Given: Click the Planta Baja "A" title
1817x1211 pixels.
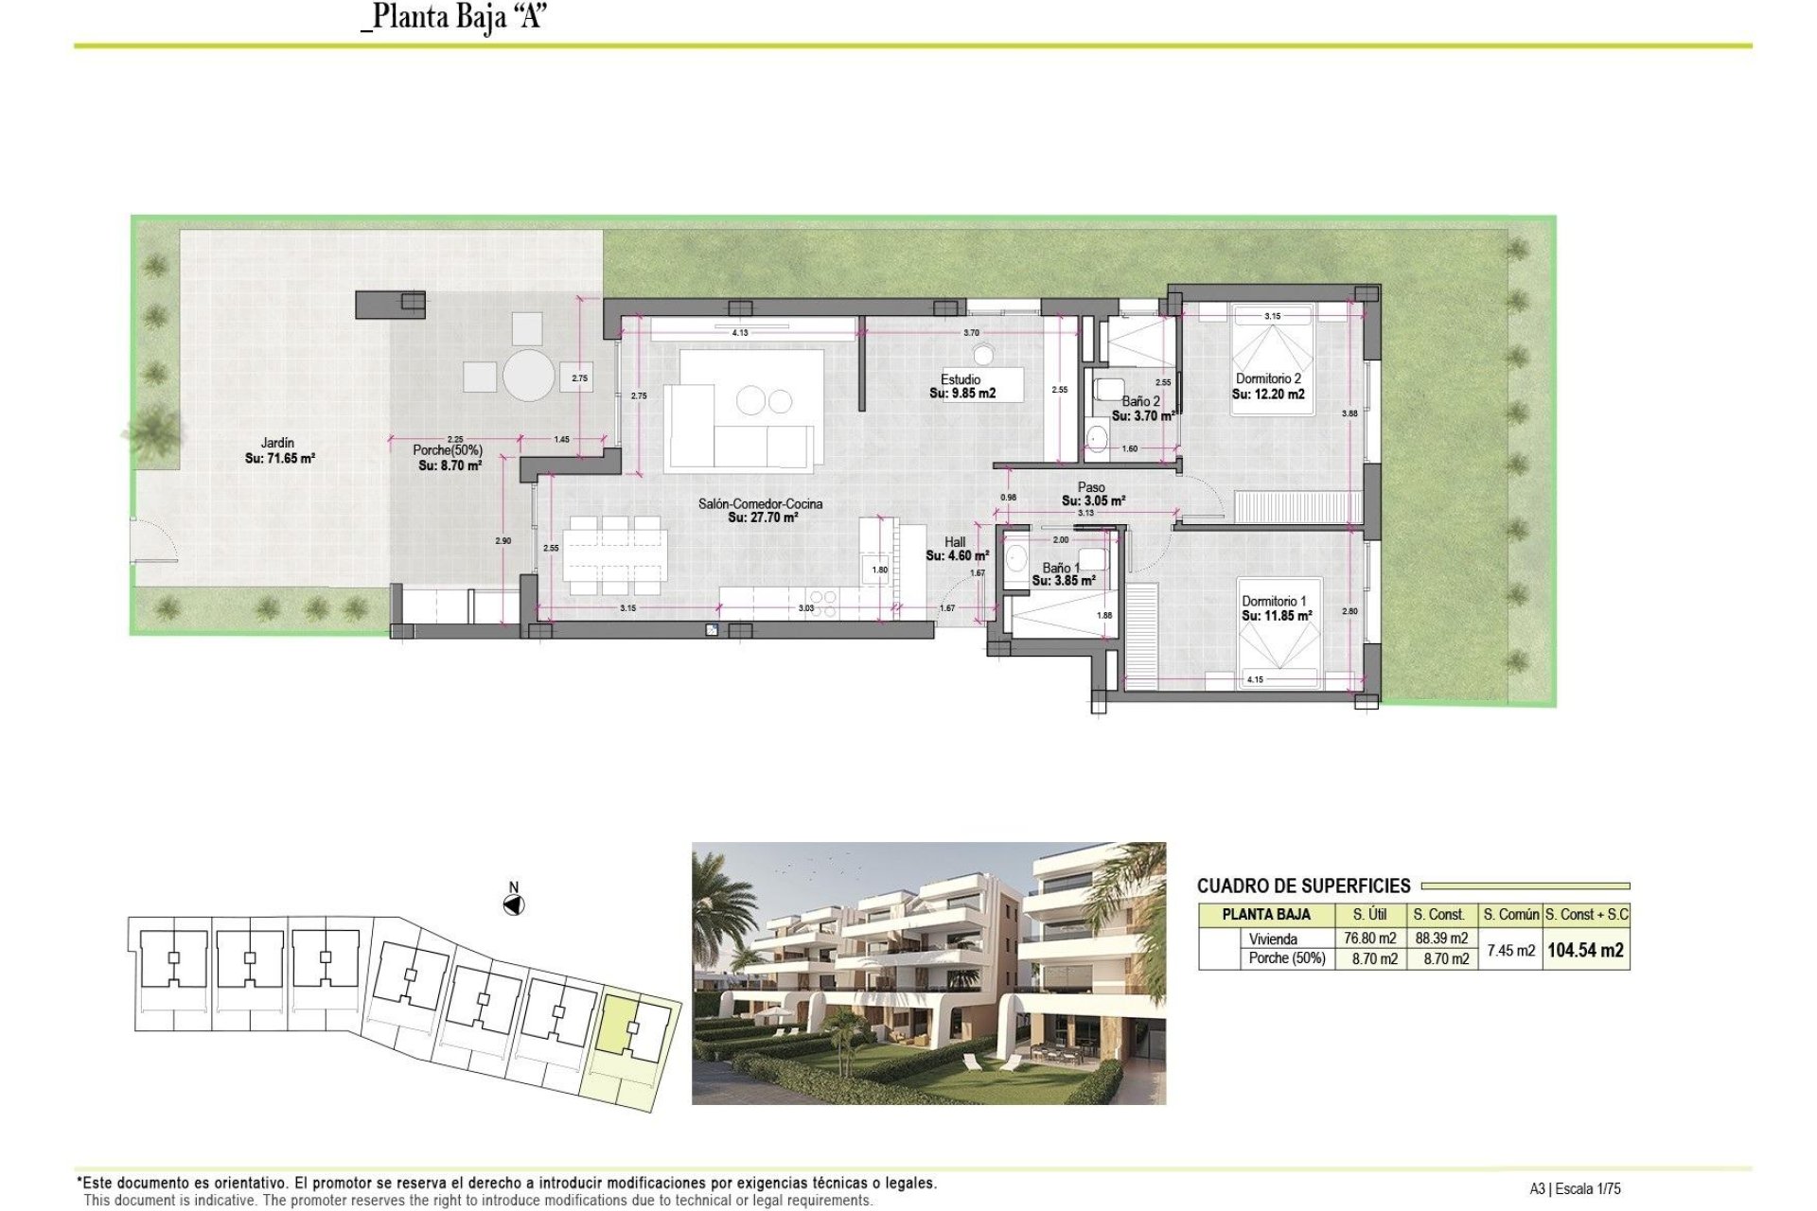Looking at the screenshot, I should coord(454,17).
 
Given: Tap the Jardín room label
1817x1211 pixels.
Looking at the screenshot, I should coord(277,443).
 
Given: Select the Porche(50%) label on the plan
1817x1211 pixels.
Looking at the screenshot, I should coord(447,450).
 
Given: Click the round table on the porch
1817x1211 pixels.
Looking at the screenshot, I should coord(528,377).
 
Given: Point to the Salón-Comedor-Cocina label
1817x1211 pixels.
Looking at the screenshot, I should coord(760,503).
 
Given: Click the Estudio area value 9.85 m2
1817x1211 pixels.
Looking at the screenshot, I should coord(962,394).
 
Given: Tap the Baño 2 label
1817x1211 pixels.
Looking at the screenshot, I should coord(1140,401).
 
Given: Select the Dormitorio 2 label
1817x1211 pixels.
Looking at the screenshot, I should coord(1268,378).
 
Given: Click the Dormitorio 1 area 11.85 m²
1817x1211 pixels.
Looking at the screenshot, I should coord(1277,616).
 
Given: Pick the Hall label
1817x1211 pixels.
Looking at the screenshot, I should coord(955,542).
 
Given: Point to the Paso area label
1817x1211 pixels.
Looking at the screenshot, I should coord(1092,500).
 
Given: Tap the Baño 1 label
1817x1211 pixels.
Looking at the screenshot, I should coord(1060,568).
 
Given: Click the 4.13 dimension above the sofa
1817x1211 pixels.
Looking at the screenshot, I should coord(740,333).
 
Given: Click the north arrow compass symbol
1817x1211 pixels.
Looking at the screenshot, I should coord(513,905).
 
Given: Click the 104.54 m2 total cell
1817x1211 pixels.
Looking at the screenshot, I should coord(1585,951).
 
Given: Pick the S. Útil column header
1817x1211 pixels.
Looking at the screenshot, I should coord(1369,915).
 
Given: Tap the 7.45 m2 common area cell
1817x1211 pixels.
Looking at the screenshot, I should coord(1510,951).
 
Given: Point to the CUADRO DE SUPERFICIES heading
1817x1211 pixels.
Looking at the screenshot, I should coord(1303,886).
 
